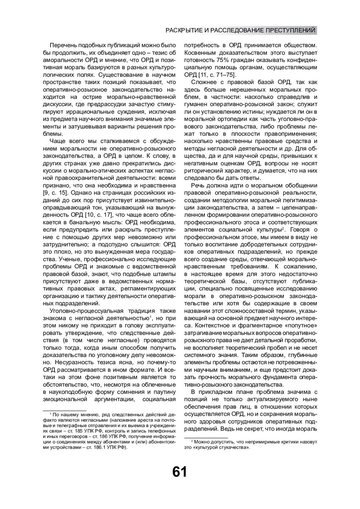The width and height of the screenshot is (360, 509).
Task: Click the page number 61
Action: tap(179, 472)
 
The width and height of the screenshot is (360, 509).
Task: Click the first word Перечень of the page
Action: tap(63, 46)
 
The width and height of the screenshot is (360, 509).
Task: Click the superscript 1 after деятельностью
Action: tap(150, 317)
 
